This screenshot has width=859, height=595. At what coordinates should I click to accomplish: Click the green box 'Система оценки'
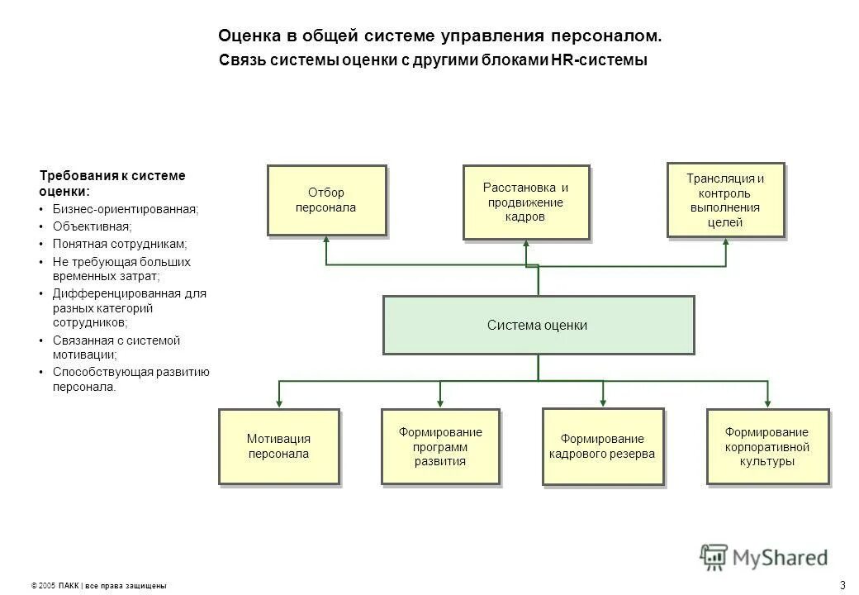point(538,325)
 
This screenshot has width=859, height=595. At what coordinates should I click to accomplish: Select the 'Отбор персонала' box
point(326,200)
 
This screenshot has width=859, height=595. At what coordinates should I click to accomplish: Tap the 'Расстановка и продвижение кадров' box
point(525,202)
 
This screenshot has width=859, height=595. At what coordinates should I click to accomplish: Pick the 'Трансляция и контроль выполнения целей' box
point(725,200)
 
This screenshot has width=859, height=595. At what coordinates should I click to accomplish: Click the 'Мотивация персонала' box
point(278,446)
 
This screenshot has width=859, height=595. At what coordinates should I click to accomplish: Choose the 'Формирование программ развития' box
point(439,446)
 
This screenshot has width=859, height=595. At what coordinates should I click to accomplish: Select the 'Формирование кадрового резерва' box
point(602,446)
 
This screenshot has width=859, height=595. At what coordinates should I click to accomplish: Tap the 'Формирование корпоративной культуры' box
point(767,446)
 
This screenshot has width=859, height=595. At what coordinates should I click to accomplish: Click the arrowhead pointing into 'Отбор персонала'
point(326,241)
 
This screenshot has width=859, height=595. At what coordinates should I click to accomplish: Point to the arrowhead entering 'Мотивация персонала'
point(279,402)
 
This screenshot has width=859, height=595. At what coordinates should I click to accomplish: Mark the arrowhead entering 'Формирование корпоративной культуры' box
point(768,402)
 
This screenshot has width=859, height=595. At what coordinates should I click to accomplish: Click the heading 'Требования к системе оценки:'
point(112,183)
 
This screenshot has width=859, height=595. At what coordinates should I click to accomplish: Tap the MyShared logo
point(764,556)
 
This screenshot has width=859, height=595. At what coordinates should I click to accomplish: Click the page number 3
point(842,585)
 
